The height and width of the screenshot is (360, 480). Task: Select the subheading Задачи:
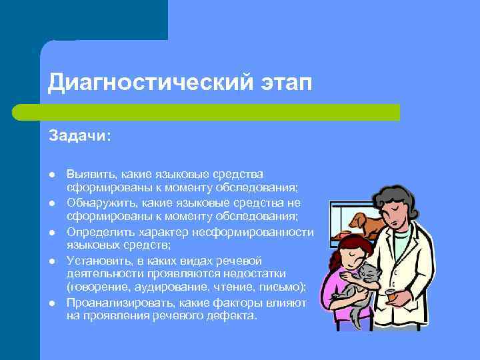pos(80,135)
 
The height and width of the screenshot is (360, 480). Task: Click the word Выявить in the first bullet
pos(86,173)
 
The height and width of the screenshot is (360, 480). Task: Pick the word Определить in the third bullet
pos(96,231)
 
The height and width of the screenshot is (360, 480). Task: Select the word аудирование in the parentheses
pos(167,287)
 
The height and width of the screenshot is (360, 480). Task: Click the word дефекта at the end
pos(234,315)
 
